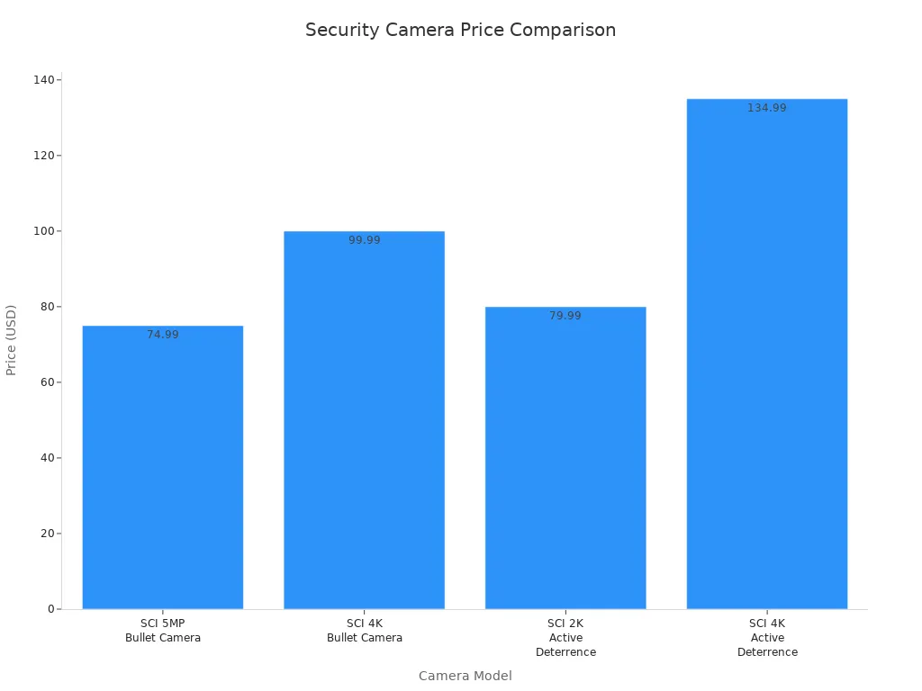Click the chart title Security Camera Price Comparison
pos(460,30)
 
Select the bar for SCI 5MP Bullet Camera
pos(163,467)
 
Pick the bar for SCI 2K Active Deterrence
pos(565,458)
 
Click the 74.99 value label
pos(163,335)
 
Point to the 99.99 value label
pos(364,240)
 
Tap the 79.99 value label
pos(565,316)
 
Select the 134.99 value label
pos(767,108)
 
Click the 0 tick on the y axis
pos(52,609)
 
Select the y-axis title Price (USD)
pos(12,340)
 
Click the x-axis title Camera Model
pos(465,676)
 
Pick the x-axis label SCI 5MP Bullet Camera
pos(163,631)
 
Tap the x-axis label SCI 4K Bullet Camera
pos(364,631)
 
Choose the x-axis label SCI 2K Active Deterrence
pos(565,638)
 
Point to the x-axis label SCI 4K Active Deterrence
pos(767,638)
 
